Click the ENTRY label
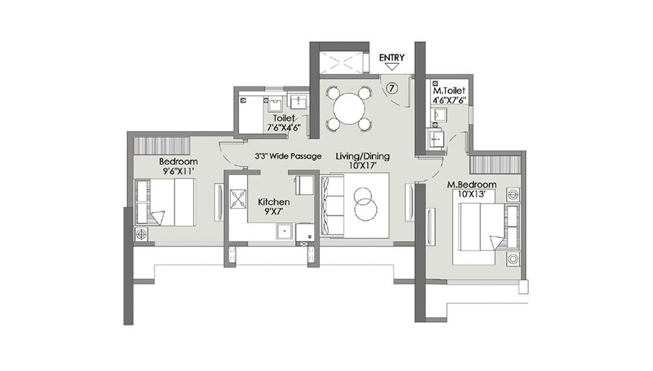pyautogui.click(x=391, y=58)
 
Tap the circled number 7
pyautogui.click(x=392, y=88)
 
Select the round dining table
pyautogui.click(x=349, y=109)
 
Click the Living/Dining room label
pyautogui.click(x=362, y=156)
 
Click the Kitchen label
pyautogui.click(x=274, y=202)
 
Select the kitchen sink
pyautogui.click(x=285, y=231)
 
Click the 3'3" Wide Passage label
pyautogui.click(x=288, y=156)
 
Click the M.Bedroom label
pyautogui.click(x=472, y=184)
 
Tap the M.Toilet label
pyautogui.click(x=449, y=91)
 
